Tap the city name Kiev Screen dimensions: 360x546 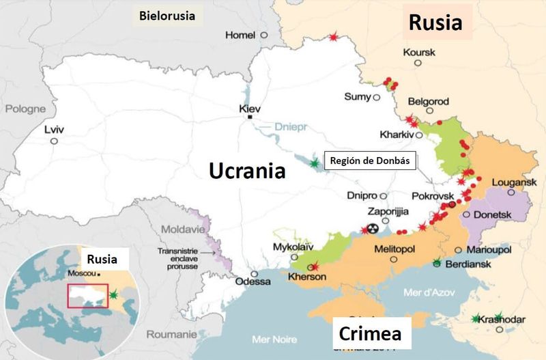[250, 109]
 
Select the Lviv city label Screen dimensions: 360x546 [53, 128]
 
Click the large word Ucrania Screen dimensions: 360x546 [247, 169]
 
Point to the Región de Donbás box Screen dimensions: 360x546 [369, 161]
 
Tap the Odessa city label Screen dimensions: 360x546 [252, 281]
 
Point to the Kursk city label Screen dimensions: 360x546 [419, 52]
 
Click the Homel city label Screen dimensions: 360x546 [240, 35]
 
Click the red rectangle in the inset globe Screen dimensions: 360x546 [87, 295]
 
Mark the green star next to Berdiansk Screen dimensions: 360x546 [437, 262]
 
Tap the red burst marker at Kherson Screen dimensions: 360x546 [314, 267]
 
